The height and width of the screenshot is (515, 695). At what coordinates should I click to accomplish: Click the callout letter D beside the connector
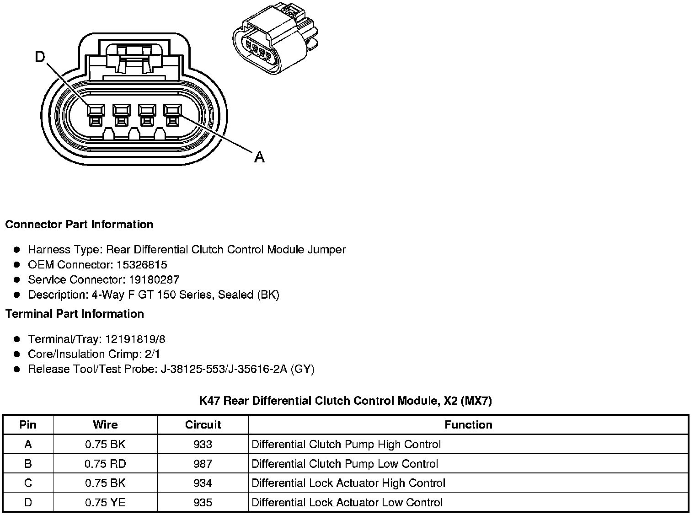(40, 57)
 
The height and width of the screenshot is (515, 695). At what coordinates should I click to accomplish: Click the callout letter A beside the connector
(259, 157)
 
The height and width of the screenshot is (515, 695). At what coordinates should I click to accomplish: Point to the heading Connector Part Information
(79, 225)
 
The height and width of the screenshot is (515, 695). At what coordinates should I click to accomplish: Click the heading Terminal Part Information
(75, 314)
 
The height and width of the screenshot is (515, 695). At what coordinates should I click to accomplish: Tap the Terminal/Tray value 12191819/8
(135, 339)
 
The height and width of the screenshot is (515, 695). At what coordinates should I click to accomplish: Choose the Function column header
(468, 425)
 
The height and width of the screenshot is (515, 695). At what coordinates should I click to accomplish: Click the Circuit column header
(203, 425)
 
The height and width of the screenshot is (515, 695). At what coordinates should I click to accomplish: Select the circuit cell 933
(203, 445)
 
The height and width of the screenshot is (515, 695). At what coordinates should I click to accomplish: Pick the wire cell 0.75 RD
(105, 464)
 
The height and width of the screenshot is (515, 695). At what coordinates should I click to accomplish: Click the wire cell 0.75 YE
(105, 503)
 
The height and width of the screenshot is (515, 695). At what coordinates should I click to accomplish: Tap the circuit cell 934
(203, 483)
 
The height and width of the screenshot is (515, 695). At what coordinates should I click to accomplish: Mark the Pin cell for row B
(28, 464)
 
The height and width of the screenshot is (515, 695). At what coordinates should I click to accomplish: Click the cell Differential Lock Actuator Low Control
(347, 503)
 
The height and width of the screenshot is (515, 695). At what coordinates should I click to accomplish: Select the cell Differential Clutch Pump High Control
(346, 445)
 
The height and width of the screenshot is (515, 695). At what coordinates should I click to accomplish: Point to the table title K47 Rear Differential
(346, 401)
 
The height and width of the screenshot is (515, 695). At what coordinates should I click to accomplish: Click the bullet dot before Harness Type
(17, 250)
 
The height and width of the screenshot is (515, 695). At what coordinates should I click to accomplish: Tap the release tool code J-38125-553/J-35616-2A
(224, 369)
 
